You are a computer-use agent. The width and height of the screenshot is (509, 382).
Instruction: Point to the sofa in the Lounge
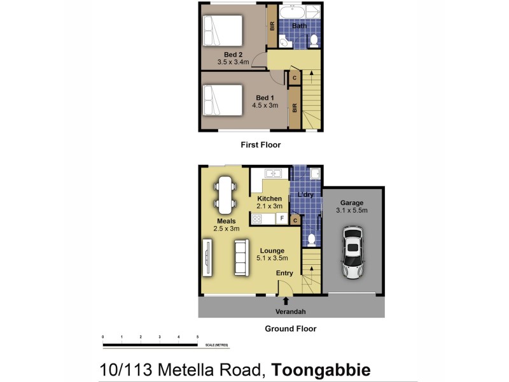241,257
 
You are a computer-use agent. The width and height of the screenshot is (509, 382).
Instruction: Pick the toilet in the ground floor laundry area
311,240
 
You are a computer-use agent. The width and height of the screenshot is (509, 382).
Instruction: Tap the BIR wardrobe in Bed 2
271,27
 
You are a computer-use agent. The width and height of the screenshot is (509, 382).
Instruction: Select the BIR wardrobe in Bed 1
295,108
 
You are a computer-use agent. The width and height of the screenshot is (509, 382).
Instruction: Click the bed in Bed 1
223,101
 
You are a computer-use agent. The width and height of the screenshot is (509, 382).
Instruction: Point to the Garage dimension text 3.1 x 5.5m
352,210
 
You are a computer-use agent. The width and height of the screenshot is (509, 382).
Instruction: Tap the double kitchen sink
274,173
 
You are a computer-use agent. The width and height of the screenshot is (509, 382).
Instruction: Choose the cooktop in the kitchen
258,219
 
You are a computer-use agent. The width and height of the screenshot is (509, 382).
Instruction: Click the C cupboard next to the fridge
295,220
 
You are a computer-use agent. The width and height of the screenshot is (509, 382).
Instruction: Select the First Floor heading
260,145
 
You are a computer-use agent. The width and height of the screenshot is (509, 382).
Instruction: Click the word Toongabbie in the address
321,369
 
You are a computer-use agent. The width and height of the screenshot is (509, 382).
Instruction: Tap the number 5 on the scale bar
198,336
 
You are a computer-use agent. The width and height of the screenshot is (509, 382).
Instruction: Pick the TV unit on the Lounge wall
207,257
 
